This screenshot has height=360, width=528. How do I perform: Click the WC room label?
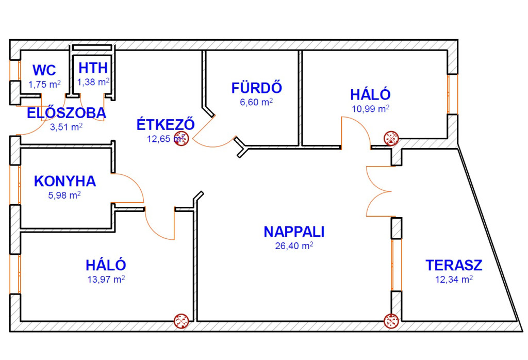[44, 70]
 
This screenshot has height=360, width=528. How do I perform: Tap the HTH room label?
[93, 68]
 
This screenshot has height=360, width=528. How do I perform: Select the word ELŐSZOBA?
[67, 113]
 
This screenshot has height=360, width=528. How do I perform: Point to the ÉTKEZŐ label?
[166, 124]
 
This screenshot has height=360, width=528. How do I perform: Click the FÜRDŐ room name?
[257, 88]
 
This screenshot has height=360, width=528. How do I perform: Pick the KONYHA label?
[65, 181]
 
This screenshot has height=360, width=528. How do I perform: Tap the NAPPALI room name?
[294, 232]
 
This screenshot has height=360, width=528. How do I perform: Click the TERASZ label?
[454, 265]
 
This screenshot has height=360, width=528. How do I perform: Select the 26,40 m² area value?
[294, 246]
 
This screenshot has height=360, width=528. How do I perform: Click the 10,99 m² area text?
[370, 108]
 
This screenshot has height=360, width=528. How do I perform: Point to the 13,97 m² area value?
[106, 279]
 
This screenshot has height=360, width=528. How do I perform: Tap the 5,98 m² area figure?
[64, 195]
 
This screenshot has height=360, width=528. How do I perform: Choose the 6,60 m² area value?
[256, 102]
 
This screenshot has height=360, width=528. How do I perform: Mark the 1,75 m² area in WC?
[44, 84]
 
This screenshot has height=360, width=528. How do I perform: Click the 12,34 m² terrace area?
[454, 279]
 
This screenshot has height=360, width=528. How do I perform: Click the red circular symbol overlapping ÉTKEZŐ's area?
[181, 138]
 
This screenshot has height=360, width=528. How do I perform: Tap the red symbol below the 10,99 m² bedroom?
[391, 138]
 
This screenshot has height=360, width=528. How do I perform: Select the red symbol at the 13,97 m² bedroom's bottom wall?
[181, 321]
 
